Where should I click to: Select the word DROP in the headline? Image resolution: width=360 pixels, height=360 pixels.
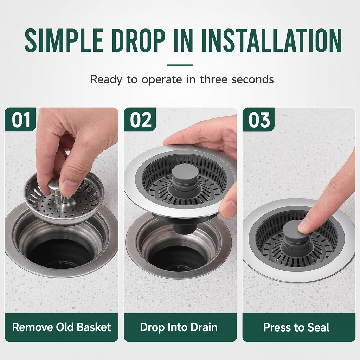pos(140,41)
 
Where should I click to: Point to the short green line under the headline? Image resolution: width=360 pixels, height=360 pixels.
pos(180,65)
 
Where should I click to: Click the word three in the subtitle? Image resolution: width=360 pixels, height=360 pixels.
pos(213,79)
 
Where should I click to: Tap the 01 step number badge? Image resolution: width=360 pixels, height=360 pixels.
pos(20,120)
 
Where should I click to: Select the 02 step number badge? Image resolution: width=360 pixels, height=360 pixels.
pos(140,120)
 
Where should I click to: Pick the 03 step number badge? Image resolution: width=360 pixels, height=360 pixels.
pos(259,120)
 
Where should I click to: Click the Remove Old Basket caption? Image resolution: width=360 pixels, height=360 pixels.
pos(62,327)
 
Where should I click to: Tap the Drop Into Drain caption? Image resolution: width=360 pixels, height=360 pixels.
pos(179,327)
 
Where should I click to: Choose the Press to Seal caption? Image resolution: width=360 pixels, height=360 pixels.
pos(296,327)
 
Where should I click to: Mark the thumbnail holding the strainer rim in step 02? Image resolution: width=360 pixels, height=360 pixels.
pos(228,208)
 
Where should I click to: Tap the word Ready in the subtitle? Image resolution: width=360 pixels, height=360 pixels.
pos(106,79)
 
